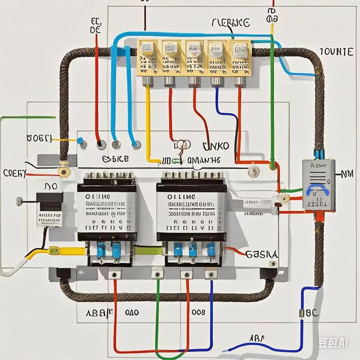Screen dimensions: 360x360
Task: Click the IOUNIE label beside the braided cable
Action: [x=336, y=52]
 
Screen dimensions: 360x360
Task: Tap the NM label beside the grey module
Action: [x=347, y=173]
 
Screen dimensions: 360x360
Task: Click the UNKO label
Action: [x=216, y=146]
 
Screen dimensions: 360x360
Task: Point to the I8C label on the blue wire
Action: [x=308, y=313]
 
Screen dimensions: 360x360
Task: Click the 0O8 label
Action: [x=198, y=312]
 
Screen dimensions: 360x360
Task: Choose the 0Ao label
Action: [x=132, y=312]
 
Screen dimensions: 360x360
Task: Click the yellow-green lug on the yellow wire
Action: [x=54, y=250]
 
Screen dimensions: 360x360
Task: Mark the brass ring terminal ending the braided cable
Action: [x=64, y=172]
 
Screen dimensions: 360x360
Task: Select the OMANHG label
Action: [x=204, y=160]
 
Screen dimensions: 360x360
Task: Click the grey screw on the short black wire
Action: [x=20, y=201]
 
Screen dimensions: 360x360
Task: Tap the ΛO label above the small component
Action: [x=51, y=186]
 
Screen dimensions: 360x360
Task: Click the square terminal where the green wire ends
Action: [x=157, y=274]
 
